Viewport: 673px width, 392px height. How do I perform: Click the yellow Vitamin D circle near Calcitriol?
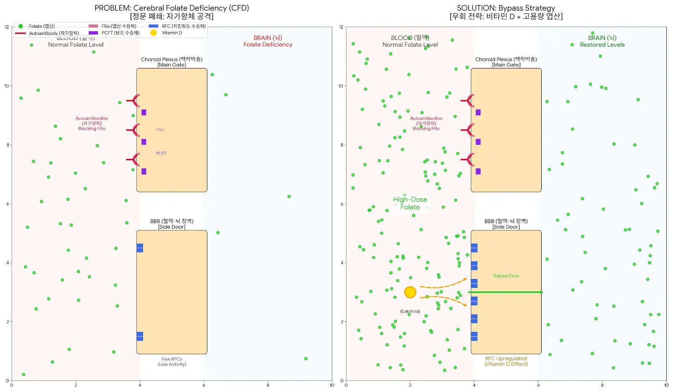(x=410, y=292)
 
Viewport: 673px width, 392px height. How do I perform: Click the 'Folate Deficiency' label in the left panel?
(x=268, y=45)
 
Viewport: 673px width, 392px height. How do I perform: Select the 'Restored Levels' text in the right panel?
(x=602, y=45)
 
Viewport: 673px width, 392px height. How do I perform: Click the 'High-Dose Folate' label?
(x=410, y=203)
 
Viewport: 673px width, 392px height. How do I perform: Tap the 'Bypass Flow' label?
(x=506, y=276)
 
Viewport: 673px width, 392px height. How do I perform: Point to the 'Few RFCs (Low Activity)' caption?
(x=172, y=362)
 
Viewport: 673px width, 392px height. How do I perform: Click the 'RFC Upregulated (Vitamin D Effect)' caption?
(x=506, y=361)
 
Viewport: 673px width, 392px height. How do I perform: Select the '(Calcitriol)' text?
(x=410, y=311)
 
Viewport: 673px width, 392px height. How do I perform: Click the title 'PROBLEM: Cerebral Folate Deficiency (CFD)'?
(x=172, y=8)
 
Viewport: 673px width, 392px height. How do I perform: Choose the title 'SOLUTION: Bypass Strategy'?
(x=506, y=8)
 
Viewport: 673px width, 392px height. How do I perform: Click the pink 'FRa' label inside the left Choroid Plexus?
(x=160, y=130)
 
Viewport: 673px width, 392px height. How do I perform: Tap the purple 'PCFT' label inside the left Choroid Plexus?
(x=161, y=153)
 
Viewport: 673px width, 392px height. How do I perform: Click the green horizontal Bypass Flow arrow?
(x=505, y=292)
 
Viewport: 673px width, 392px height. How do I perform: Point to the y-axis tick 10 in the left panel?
(x=7, y=86)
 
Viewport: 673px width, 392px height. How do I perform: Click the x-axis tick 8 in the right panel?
(x=602, y=385)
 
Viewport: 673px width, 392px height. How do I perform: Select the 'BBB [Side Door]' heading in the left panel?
(x=172, y=224)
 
